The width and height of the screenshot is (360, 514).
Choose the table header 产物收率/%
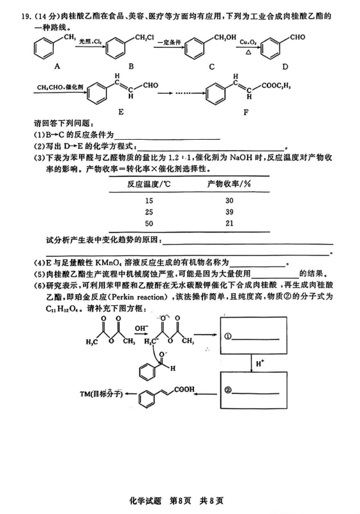pos(228,184)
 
